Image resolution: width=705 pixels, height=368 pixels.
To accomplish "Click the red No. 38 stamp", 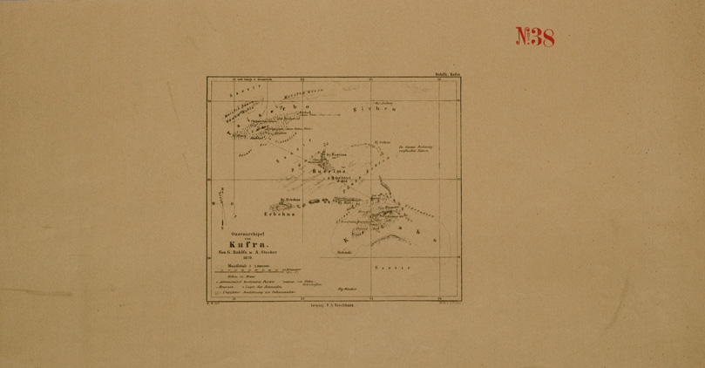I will [535, 37].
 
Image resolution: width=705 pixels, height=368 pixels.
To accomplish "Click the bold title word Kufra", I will [247, 244].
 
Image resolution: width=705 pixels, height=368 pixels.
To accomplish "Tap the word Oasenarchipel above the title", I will [247, 234].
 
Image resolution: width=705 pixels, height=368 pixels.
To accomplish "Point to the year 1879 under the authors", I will [247, 258].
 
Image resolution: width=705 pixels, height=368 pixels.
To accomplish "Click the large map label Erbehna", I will [280, 214].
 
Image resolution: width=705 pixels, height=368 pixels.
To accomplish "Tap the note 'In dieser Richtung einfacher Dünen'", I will [415, 149].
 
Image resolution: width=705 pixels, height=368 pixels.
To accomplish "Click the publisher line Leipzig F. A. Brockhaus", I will [335, 307].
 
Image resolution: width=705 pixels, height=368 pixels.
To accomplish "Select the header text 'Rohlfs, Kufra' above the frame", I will [447, 74].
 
